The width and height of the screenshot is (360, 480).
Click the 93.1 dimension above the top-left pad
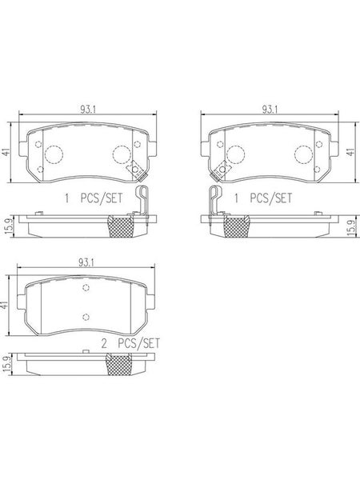(88, 110)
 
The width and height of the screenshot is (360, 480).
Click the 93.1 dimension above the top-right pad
(270, 110)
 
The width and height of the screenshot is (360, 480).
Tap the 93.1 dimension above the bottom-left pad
(86, 262)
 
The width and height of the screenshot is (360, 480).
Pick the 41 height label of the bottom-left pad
(4, 306)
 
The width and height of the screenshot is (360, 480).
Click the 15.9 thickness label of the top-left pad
(9, 226)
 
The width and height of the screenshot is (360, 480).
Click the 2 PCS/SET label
(130, 343)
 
